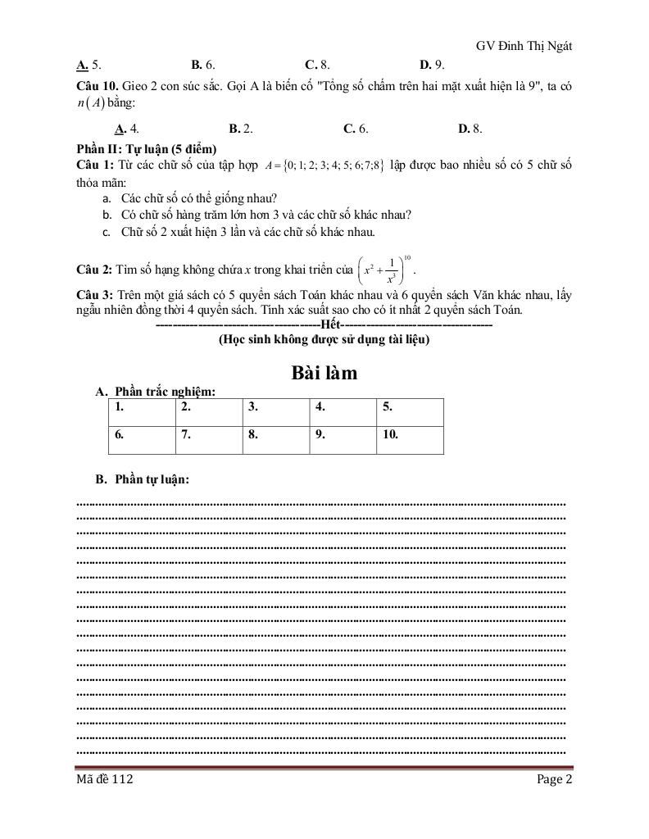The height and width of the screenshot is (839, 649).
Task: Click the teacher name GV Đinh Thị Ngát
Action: pyautogui.click(x=524, y=46)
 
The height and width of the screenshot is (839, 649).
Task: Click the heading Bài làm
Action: pyautogui.click(x=324, y=373)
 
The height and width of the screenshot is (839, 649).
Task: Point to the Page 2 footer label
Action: pyautogui.click(x=555, y=779)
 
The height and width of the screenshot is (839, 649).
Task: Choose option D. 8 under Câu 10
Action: pyautogui.click(x=470, y=128)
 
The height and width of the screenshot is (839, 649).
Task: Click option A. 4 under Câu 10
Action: pyautogui.click(x=126, y=128)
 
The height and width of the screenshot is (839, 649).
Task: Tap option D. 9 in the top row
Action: pyautogui.click(x=432, y=64)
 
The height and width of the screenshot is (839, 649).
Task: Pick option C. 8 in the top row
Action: pyautogui.click(x=317, y=64)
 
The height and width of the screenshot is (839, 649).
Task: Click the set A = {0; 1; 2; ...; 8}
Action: pyautogui.click(x=325, y=166)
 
